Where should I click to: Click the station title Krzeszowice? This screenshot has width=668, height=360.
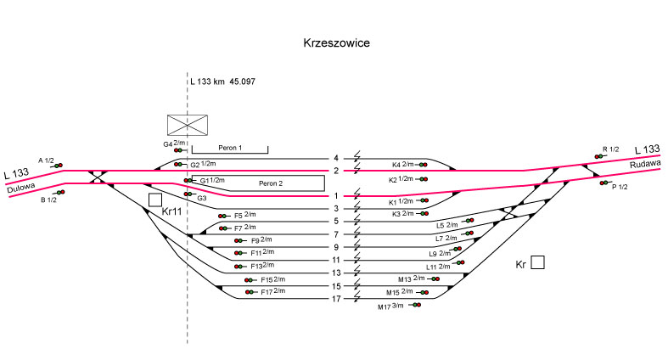click(335, 42)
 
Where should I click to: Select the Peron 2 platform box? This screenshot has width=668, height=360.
click(258, 183)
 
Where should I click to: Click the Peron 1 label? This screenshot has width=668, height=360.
click(230, 149)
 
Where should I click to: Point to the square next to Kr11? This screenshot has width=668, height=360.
click(154, 200)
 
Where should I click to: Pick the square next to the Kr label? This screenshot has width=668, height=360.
click(537, 262)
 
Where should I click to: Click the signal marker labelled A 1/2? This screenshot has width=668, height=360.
click(59, 166)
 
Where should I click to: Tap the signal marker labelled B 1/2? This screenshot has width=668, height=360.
click(60, 193)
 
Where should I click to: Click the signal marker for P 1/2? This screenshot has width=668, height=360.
click(603, 183)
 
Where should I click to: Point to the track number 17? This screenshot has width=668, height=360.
click(336, 299)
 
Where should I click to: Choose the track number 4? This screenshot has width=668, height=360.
click(336, 159)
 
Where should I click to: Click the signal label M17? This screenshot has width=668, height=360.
click(385, 307)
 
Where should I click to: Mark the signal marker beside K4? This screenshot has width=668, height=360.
click(421, 164)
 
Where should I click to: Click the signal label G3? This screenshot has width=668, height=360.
click(201, 198)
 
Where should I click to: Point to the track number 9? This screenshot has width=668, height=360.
click(336, 247)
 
